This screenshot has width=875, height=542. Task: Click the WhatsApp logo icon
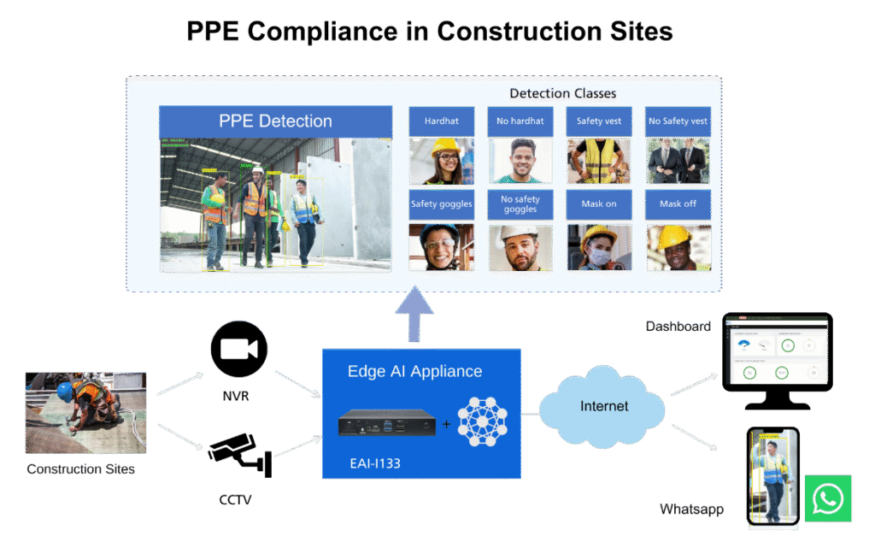point(828,498)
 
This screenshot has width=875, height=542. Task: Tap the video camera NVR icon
point(239,350)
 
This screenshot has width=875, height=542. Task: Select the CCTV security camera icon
point(238,453)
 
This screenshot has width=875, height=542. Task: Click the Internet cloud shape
point(604,408)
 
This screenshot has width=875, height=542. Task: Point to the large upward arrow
point(418,315)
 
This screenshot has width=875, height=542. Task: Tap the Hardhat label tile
point(441,121)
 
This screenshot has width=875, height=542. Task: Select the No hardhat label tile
point(520,121)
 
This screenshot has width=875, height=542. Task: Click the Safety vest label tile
point(598,121)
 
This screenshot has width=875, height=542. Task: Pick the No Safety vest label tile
point(678,121)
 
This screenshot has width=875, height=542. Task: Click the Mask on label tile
point(598,204)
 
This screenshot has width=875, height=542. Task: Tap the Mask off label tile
point(678,204)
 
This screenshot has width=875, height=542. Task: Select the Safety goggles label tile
point(441,204)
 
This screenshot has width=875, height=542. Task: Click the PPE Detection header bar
point(276,121)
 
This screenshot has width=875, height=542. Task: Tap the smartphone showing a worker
point(772,475)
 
